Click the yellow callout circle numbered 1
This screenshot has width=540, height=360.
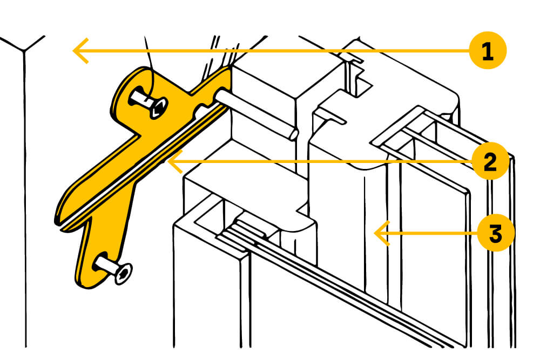coord(488,51)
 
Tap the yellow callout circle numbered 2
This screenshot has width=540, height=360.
coord(490,161)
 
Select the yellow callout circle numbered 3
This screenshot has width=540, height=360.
coord(496,233)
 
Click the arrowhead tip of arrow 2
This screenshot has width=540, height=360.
coord(167,161)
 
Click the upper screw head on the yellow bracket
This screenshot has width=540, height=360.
coord(159,108)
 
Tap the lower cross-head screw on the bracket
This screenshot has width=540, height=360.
coord(123,274)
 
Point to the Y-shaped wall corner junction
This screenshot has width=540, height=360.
coord(24,51)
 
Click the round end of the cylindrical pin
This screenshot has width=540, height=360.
coord(293,133)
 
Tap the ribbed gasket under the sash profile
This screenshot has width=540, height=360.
coord(241,232)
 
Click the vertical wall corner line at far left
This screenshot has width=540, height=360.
coord(25,199)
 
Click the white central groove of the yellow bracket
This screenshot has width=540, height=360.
coord(138,168)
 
